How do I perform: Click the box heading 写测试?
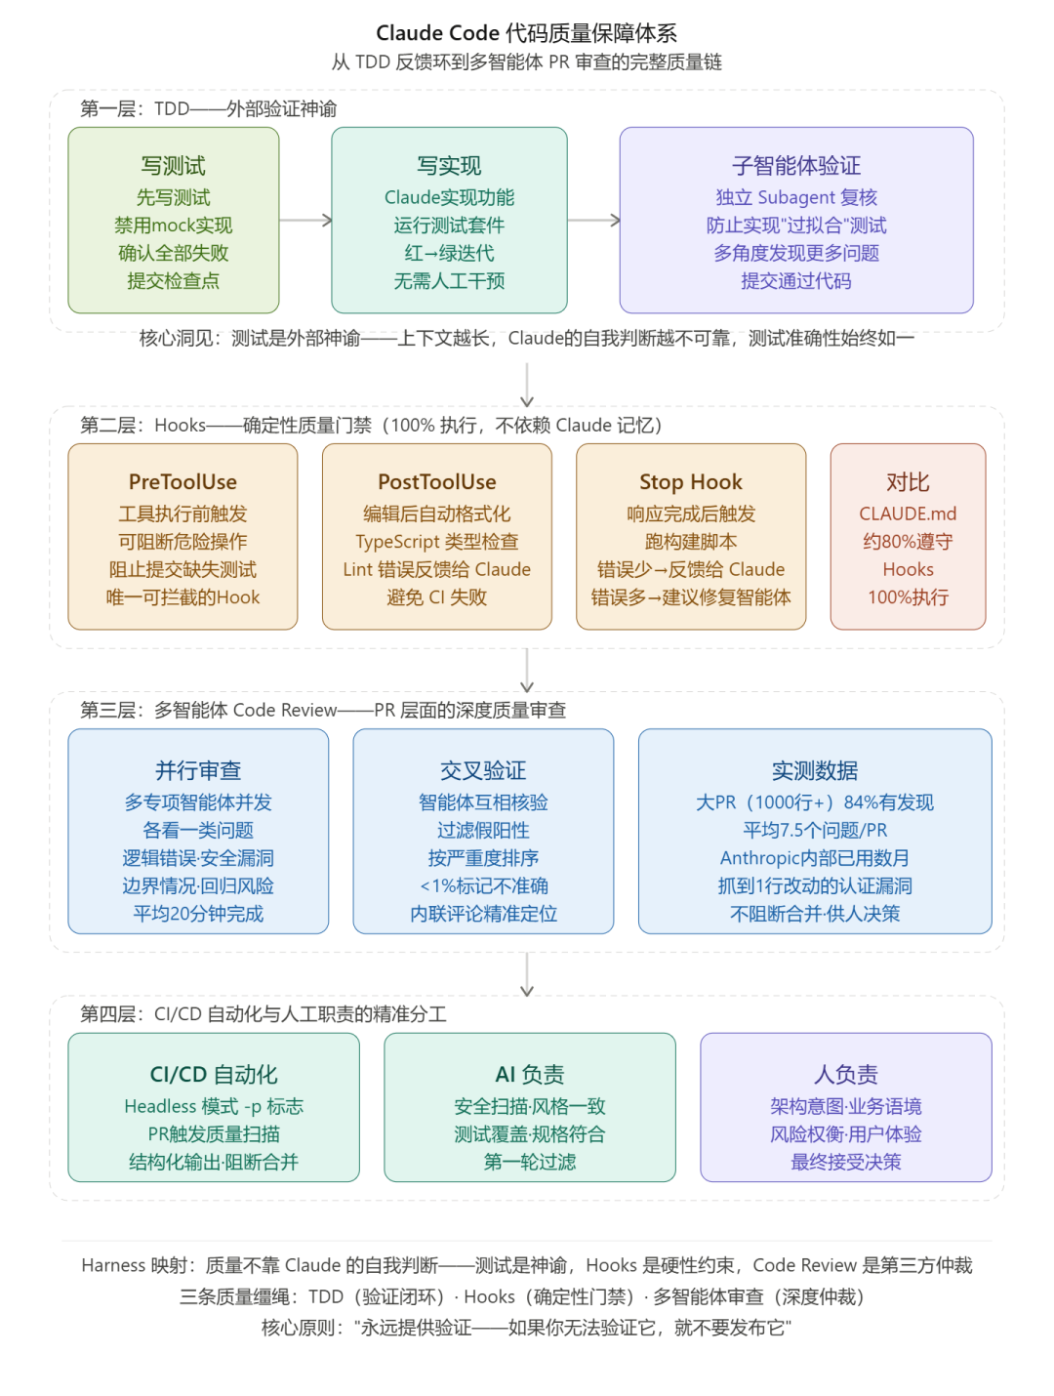[174, 166]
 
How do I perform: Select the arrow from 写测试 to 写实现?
[305, 221]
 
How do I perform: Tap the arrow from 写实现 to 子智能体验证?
[593, 221]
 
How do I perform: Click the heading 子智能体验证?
[796, 166]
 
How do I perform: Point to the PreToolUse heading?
[182, 482]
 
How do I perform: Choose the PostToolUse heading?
[437, 482]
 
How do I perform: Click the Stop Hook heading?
[691, 482]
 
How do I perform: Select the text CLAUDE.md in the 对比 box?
[908, 514]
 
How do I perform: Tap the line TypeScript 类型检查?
[437, 542]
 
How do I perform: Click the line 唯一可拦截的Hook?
[182, 597]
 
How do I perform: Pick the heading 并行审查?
[198, 771]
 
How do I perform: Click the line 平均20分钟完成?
[198, 914]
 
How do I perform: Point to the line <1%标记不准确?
[483, 886]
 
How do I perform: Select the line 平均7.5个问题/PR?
[815, 831]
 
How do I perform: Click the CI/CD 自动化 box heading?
[214, 1075]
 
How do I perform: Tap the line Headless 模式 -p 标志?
[214, 1107]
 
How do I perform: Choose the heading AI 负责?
[530, 1075]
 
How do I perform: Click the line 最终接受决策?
[846, 1163]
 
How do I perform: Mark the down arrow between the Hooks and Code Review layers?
[527, 671]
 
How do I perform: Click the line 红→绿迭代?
[449, 254]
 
